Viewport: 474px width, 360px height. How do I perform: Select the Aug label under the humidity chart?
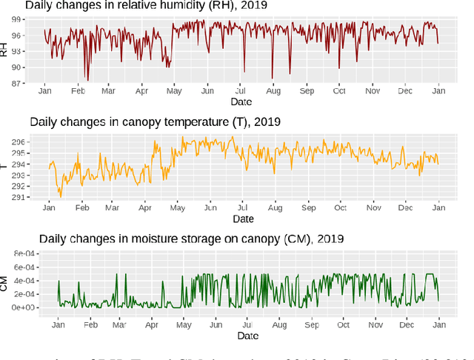click(x=273, y=90)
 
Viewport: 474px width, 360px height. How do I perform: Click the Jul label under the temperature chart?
click(x=242, y=208)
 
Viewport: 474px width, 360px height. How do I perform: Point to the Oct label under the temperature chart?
click(x=340, y=208)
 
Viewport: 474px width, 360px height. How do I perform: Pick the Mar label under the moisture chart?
click(x=120, y=324)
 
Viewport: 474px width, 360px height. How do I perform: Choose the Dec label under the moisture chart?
click(x=407, y=324)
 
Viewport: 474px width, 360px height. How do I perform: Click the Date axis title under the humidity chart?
click(x=241, y=101)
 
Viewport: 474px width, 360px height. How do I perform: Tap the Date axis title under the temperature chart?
click(x=243, y=219)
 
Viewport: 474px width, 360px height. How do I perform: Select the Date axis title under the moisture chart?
click(x=247, y=336)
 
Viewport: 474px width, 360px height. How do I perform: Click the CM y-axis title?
click(x=4, y=282)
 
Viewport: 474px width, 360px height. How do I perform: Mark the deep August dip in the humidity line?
click(x=272, y=76)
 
